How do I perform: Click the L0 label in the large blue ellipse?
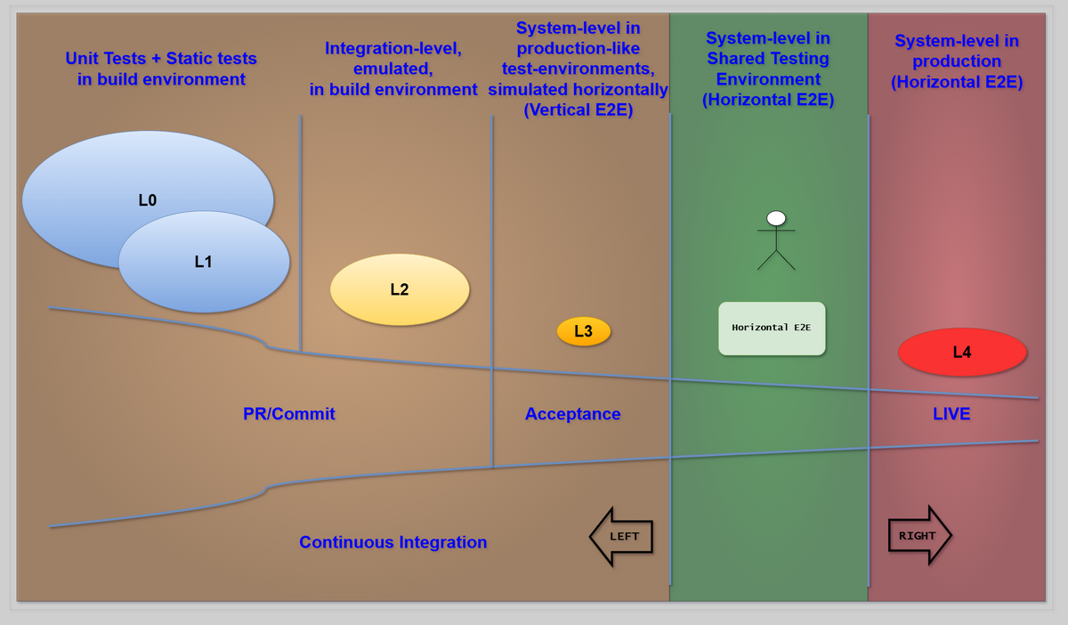148,200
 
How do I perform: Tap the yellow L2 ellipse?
400,289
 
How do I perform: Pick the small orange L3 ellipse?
584,331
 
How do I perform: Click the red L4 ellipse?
962,352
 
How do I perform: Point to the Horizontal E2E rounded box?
772,329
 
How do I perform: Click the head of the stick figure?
776,218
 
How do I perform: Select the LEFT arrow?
621,536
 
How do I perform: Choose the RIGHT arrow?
919,535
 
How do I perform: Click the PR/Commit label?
289,413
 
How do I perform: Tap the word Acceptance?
572,413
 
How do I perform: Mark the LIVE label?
951,413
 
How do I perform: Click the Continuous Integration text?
392,541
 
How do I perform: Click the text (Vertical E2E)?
578,110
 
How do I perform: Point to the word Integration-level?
392,48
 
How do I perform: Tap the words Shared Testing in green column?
768,59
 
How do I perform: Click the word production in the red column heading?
957,61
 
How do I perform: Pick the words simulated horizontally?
578,89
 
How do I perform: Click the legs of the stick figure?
776,260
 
